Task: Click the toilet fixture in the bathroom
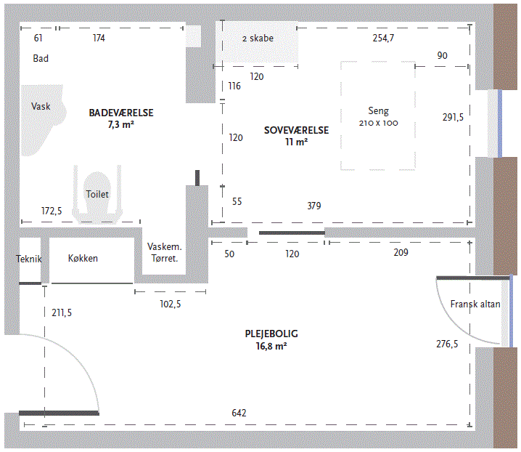click(97, 194)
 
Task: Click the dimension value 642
click(239, 413)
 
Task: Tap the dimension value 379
click(314, 206)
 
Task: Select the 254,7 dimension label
click(383, 38)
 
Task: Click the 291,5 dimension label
click(453, 117)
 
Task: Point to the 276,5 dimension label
click(447, 344)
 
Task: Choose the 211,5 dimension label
click(62, 312)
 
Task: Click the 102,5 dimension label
click(171, 304)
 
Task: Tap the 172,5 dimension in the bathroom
click(52, 211)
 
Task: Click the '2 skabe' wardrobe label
click(258, 39)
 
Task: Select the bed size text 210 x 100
click(379, 123)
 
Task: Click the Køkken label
click(83, 258)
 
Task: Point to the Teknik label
click(29, 259)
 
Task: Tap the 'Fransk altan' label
click(475, 304)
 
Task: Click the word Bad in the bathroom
click(41, 58)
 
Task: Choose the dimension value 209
click(401, 252)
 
